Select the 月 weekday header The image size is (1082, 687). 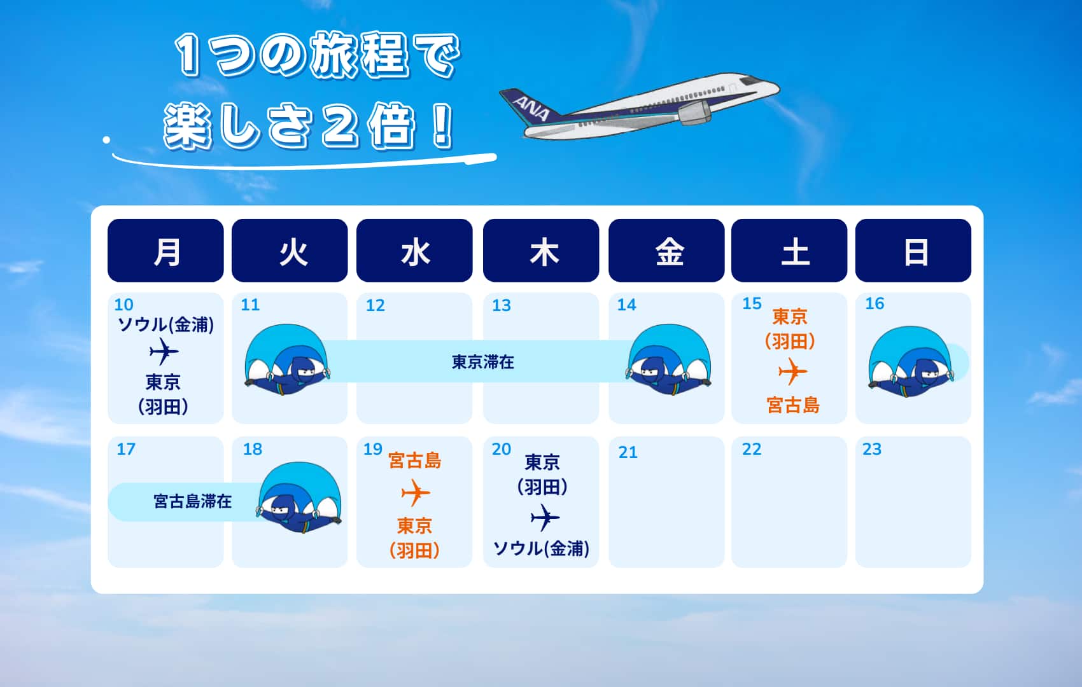point(165,250)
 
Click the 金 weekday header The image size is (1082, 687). point(666,250)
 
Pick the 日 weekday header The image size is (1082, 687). point(913,250)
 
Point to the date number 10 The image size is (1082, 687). point(123,305)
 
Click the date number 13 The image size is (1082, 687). point(502,305)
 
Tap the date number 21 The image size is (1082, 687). point(628,452)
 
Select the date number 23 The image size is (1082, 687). point(872,449)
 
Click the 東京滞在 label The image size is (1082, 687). point(483,362)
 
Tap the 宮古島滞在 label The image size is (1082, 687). point(193,501)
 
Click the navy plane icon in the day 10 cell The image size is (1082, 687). point(164,352)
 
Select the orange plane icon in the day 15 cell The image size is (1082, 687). point(792,371)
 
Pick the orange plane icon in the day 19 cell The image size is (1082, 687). point(416,493)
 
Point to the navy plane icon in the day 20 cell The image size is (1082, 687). point(545,518)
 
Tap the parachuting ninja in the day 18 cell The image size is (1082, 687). point(300,497)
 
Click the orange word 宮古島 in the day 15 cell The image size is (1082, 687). point(793,405)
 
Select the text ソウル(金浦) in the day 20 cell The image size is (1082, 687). point(542,548)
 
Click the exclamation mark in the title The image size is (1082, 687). point(442,125)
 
